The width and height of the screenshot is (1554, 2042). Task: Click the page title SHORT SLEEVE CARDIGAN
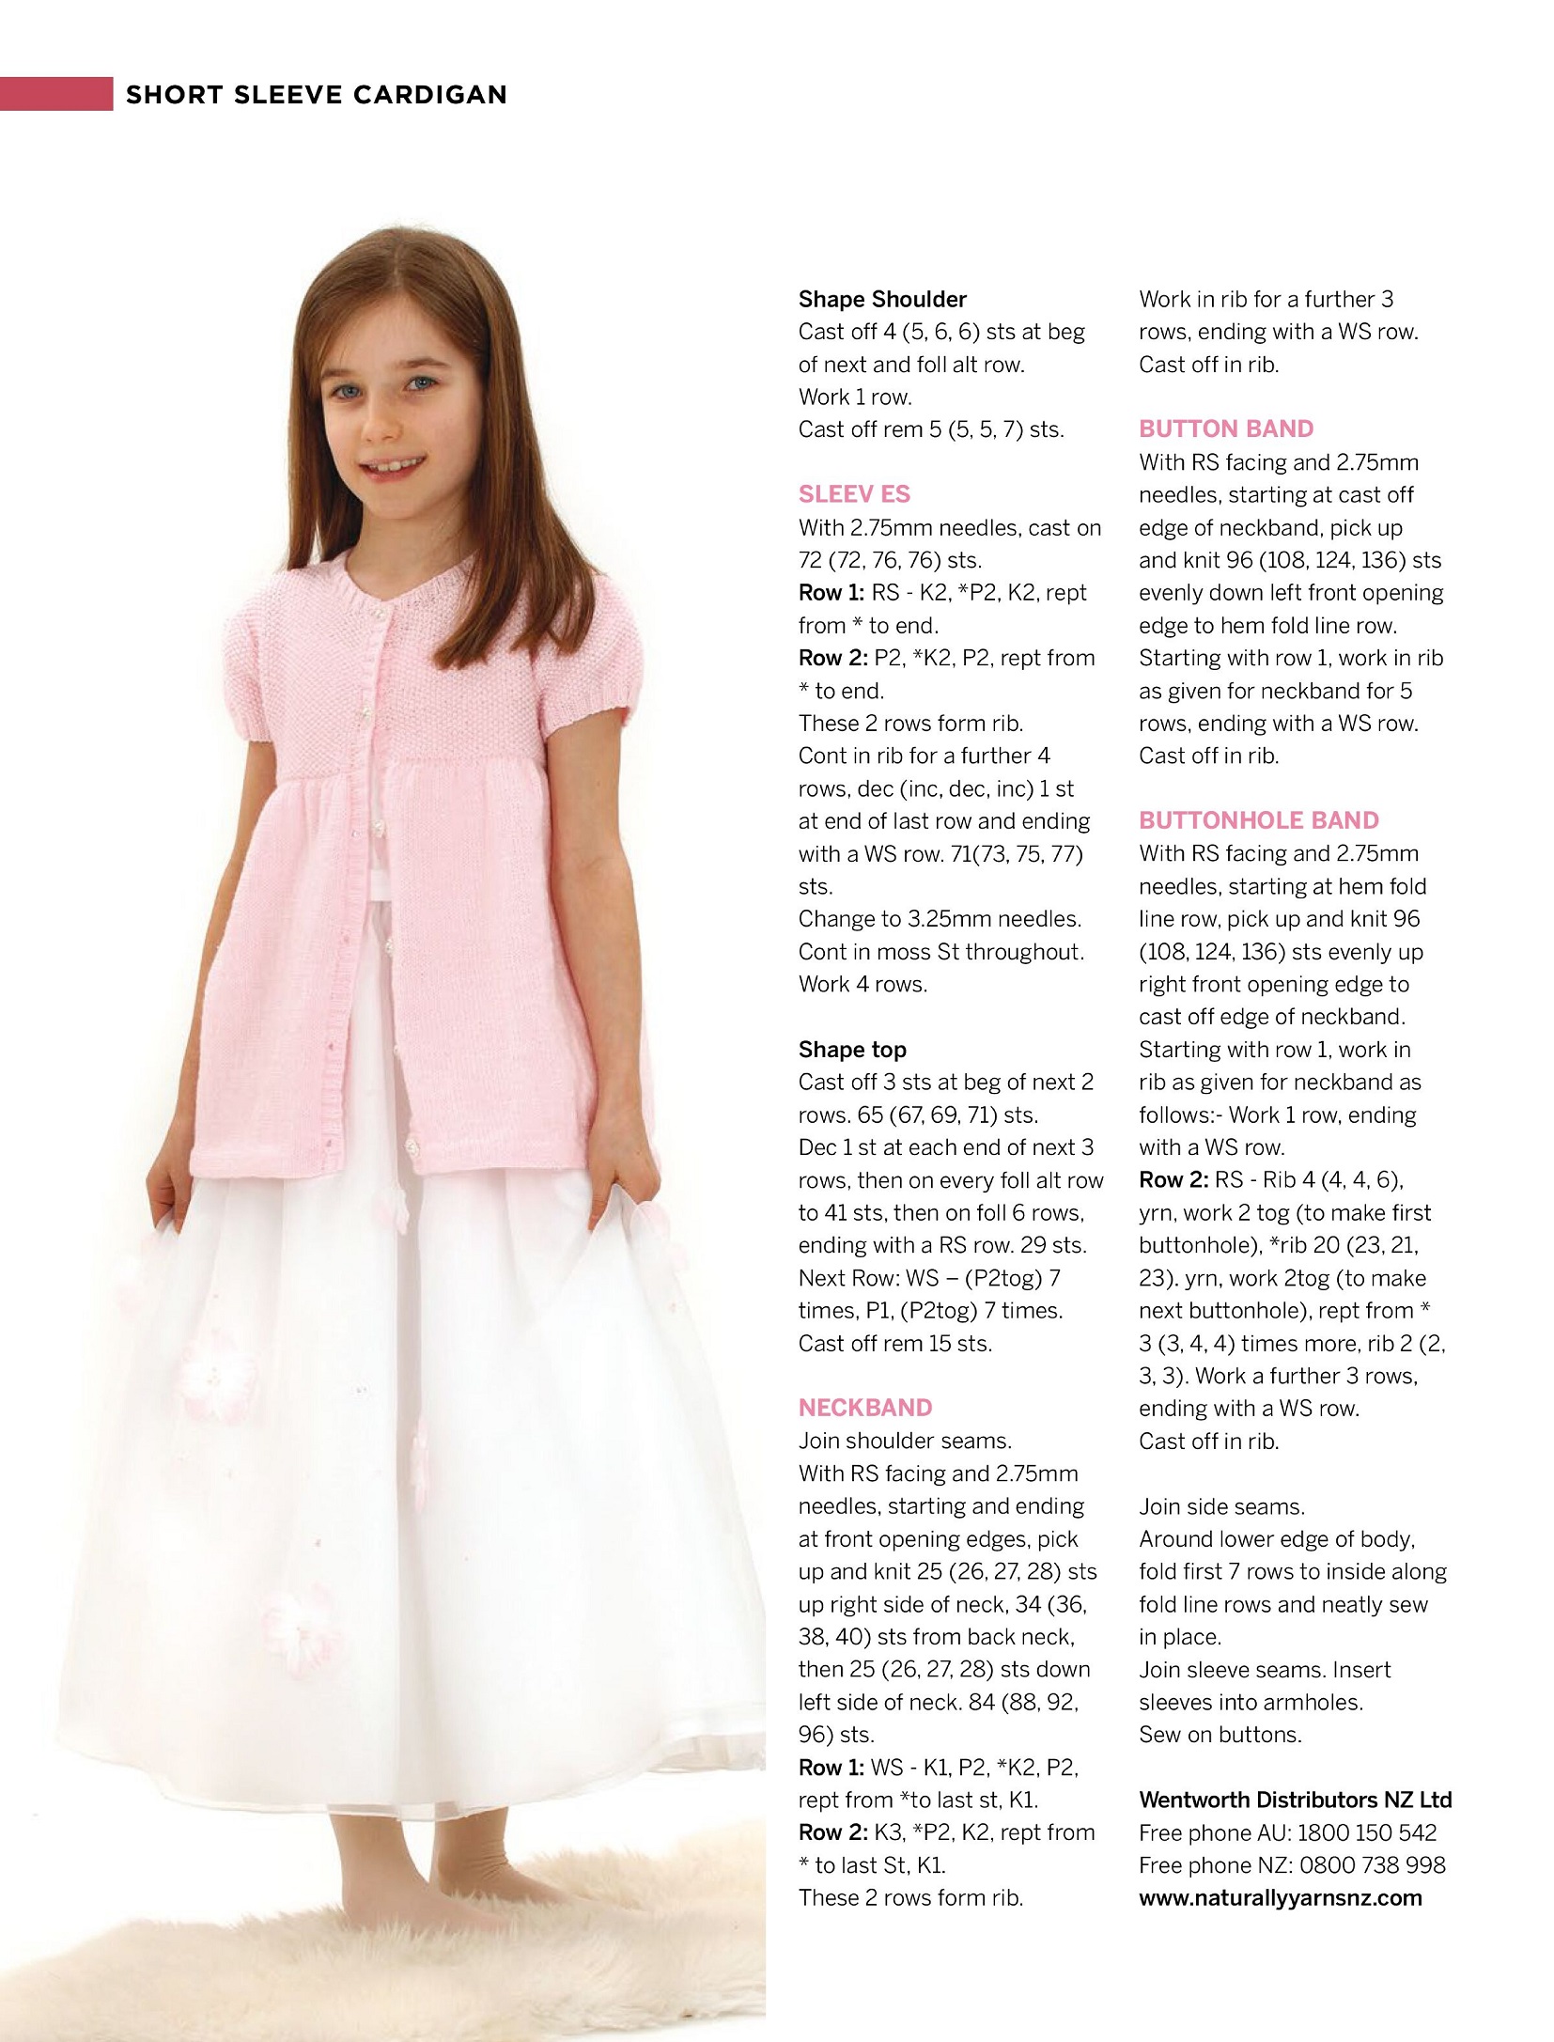tap(316, 95)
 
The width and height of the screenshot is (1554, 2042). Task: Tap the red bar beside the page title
tap(55, 94)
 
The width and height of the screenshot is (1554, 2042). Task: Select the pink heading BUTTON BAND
tap(1225, 429)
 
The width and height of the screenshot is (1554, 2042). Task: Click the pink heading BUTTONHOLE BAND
tap(1258, 820)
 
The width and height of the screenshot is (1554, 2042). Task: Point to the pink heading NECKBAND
tap(864, 1408)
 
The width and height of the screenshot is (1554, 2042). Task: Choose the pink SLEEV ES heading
tap(853, 494)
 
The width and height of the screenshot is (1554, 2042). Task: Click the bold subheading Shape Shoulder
tap(881, 300)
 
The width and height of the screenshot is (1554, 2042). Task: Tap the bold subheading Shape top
tap(851, 1050)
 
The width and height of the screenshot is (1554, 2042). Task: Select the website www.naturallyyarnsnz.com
tap(1280, 1898)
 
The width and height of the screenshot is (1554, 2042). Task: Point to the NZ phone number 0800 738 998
tap(1372, 1865)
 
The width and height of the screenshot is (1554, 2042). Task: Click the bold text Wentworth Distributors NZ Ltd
tap(1295, 1800)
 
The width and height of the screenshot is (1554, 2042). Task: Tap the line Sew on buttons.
tap(1220, 1735)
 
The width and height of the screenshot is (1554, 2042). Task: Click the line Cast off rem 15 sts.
tap(894, 1344)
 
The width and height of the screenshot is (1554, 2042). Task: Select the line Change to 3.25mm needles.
tap(939, 919)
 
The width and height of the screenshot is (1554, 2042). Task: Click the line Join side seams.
tap(1220, 1507)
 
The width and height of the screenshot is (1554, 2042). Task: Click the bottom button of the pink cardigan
tap(411, 1147)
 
